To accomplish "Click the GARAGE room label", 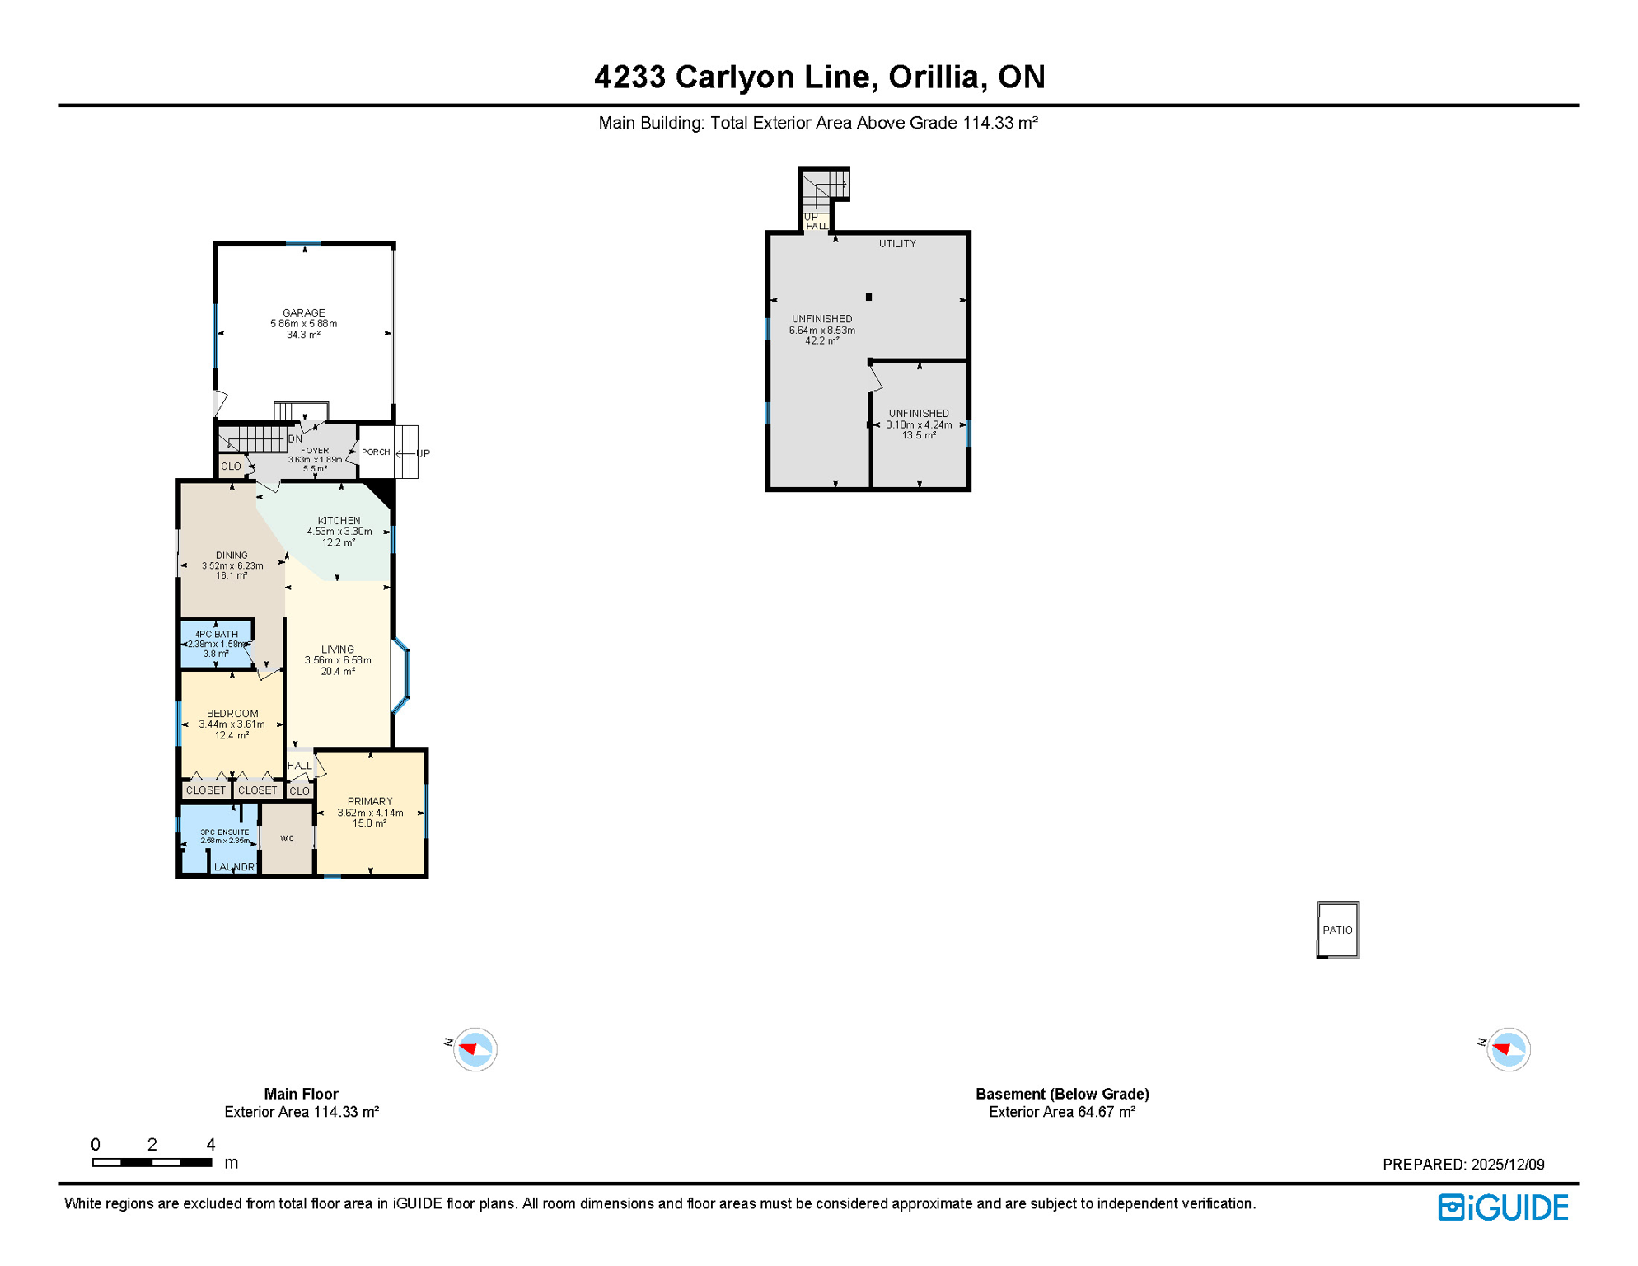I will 303,313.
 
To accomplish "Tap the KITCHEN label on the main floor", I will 339,521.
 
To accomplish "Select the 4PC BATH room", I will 216,643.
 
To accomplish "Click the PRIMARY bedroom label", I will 370,801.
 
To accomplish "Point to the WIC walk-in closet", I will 287,838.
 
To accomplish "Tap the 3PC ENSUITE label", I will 224,832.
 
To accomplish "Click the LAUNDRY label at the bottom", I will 234,867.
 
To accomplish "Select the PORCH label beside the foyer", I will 376,452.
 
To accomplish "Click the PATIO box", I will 1337,930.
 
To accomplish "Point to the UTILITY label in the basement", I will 896,244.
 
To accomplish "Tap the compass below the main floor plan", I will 475,1049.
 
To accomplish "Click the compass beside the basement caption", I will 1509,1049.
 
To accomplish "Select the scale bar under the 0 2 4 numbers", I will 152,1162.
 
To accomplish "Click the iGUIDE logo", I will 1503,1207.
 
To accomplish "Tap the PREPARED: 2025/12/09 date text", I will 1462,1165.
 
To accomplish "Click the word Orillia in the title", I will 933,77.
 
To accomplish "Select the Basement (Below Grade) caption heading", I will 1061,1094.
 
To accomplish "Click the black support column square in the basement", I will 868,297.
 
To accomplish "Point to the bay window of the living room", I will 402,676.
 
